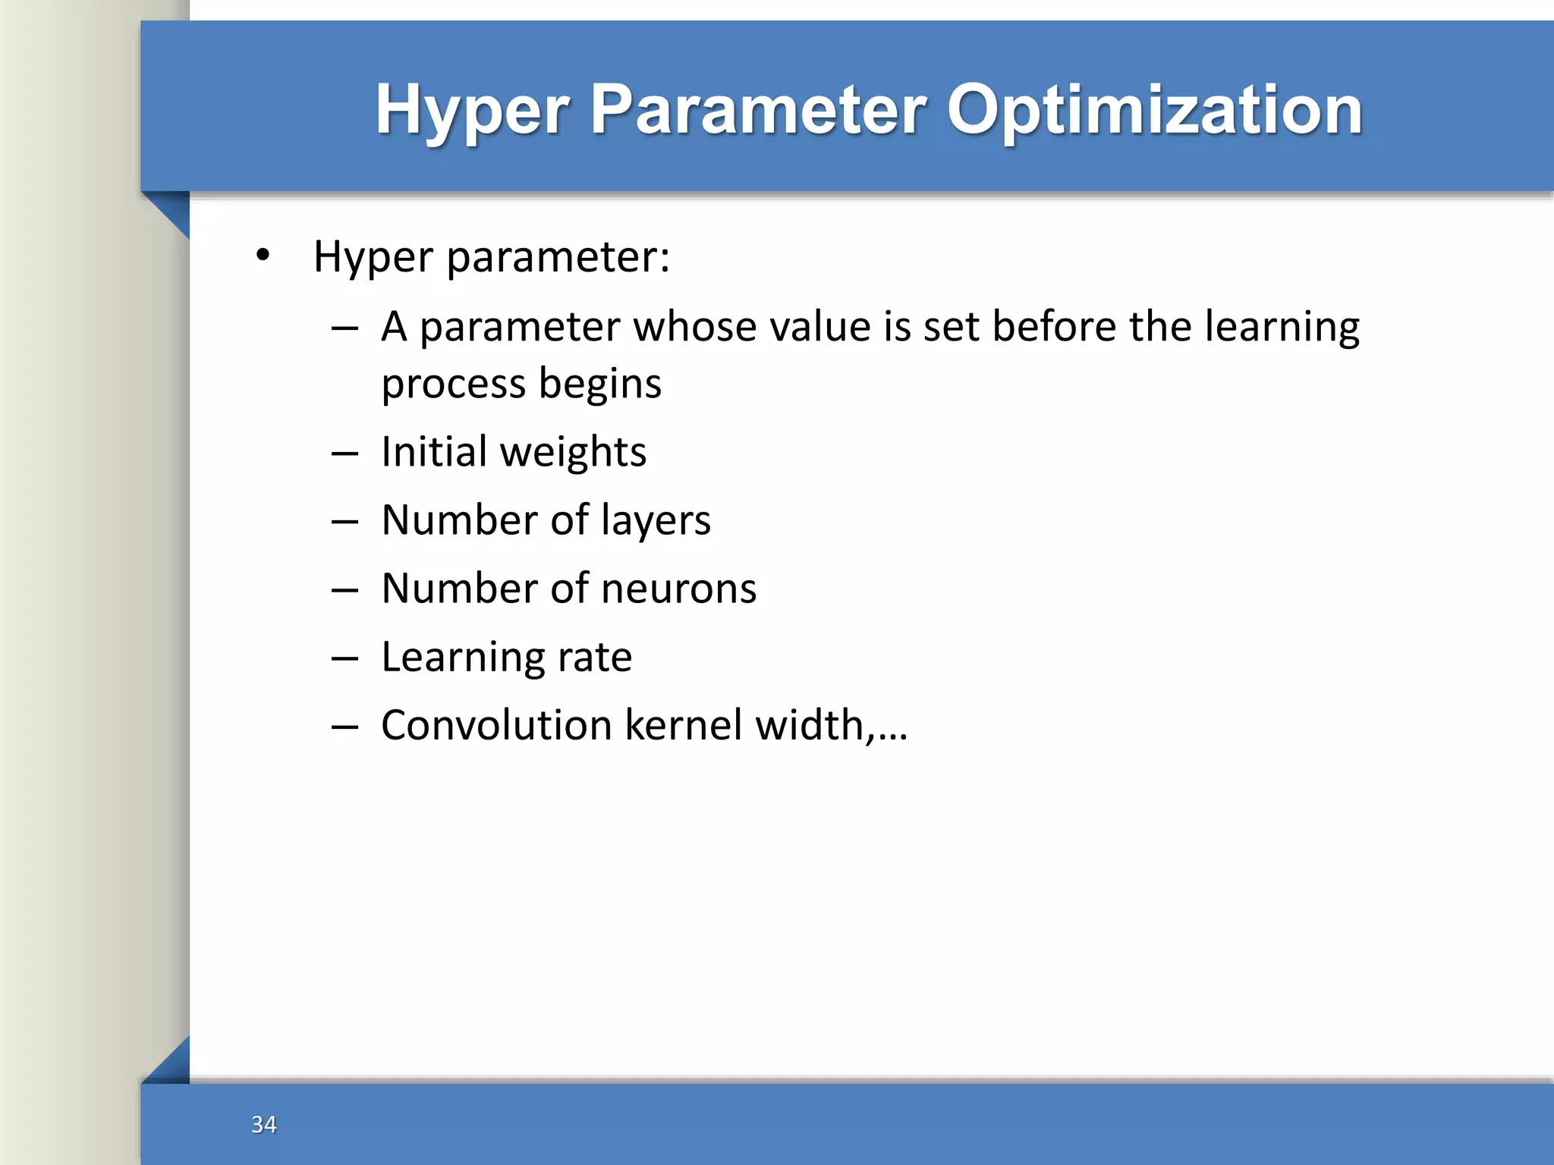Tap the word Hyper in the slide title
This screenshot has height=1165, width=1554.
click(471, 110)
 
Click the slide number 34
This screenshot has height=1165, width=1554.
click(263, 1124)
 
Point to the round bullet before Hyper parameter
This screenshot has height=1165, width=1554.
click(263, 255)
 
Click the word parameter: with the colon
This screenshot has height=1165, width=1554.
click(558, 256)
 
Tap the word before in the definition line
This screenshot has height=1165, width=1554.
click(1055, 327)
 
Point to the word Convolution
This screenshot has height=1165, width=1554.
click(496, 725)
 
